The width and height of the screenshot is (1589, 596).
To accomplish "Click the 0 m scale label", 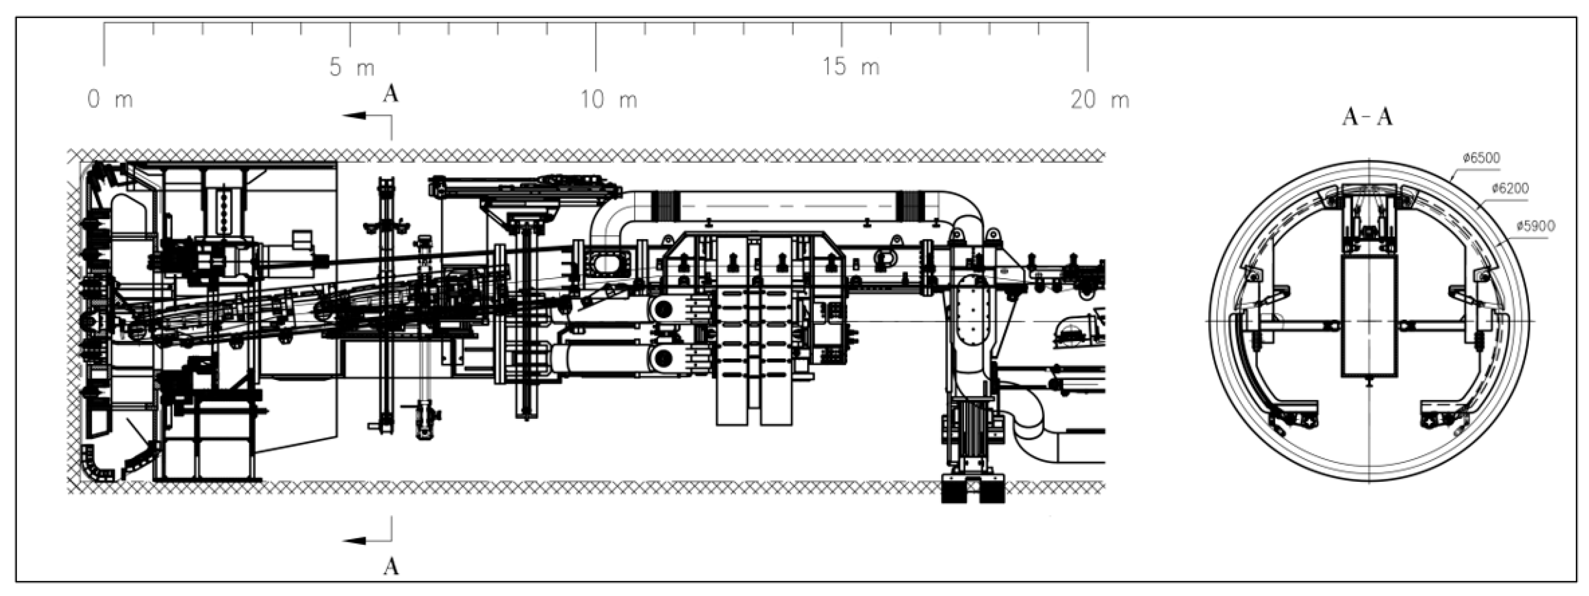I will [x=110, y=99].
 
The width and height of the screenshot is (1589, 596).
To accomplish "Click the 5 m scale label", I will [x=352, y=67].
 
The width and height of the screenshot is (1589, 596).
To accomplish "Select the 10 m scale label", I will [x=609, y=99].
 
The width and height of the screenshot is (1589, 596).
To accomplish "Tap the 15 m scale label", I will [x=851, y=67].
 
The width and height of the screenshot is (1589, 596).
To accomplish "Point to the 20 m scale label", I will [x=1100, y=99].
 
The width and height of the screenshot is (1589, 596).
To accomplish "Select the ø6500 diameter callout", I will [x=1481, y=158].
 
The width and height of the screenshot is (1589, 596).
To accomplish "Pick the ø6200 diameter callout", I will [x=1510, y=188].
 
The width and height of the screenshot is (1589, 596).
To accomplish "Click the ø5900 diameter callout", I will [x=1536, y=226].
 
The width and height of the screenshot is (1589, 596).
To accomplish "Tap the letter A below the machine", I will [x=391, y=566].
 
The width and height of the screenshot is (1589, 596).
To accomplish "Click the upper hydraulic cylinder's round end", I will [x=664, y=308].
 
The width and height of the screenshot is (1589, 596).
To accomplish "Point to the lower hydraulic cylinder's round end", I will [x=664, y=357].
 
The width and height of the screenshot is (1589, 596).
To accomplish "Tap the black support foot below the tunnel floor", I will [x=973, y=491].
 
